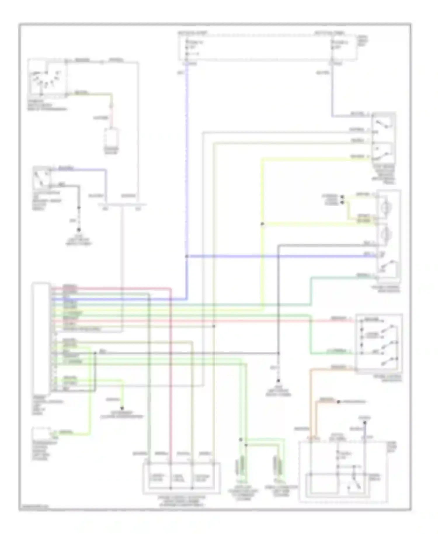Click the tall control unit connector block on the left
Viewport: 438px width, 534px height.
click(41, 336)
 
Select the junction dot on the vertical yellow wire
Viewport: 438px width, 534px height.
click(262, 224)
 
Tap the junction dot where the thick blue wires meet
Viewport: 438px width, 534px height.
click(187, 256)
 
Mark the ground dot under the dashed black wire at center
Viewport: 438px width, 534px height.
click(278, 381)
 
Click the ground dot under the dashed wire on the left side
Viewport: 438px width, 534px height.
click(79, 230)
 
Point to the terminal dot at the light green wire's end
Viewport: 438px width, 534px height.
click(122, 408)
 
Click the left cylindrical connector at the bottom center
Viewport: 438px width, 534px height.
click(241, 464)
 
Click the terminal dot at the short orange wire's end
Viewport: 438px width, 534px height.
click(338, 402)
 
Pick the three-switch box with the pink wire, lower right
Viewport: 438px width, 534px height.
click(379, 343)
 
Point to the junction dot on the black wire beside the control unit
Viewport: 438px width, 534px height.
click(95, 353)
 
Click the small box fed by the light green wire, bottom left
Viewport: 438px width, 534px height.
click(42, 434)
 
